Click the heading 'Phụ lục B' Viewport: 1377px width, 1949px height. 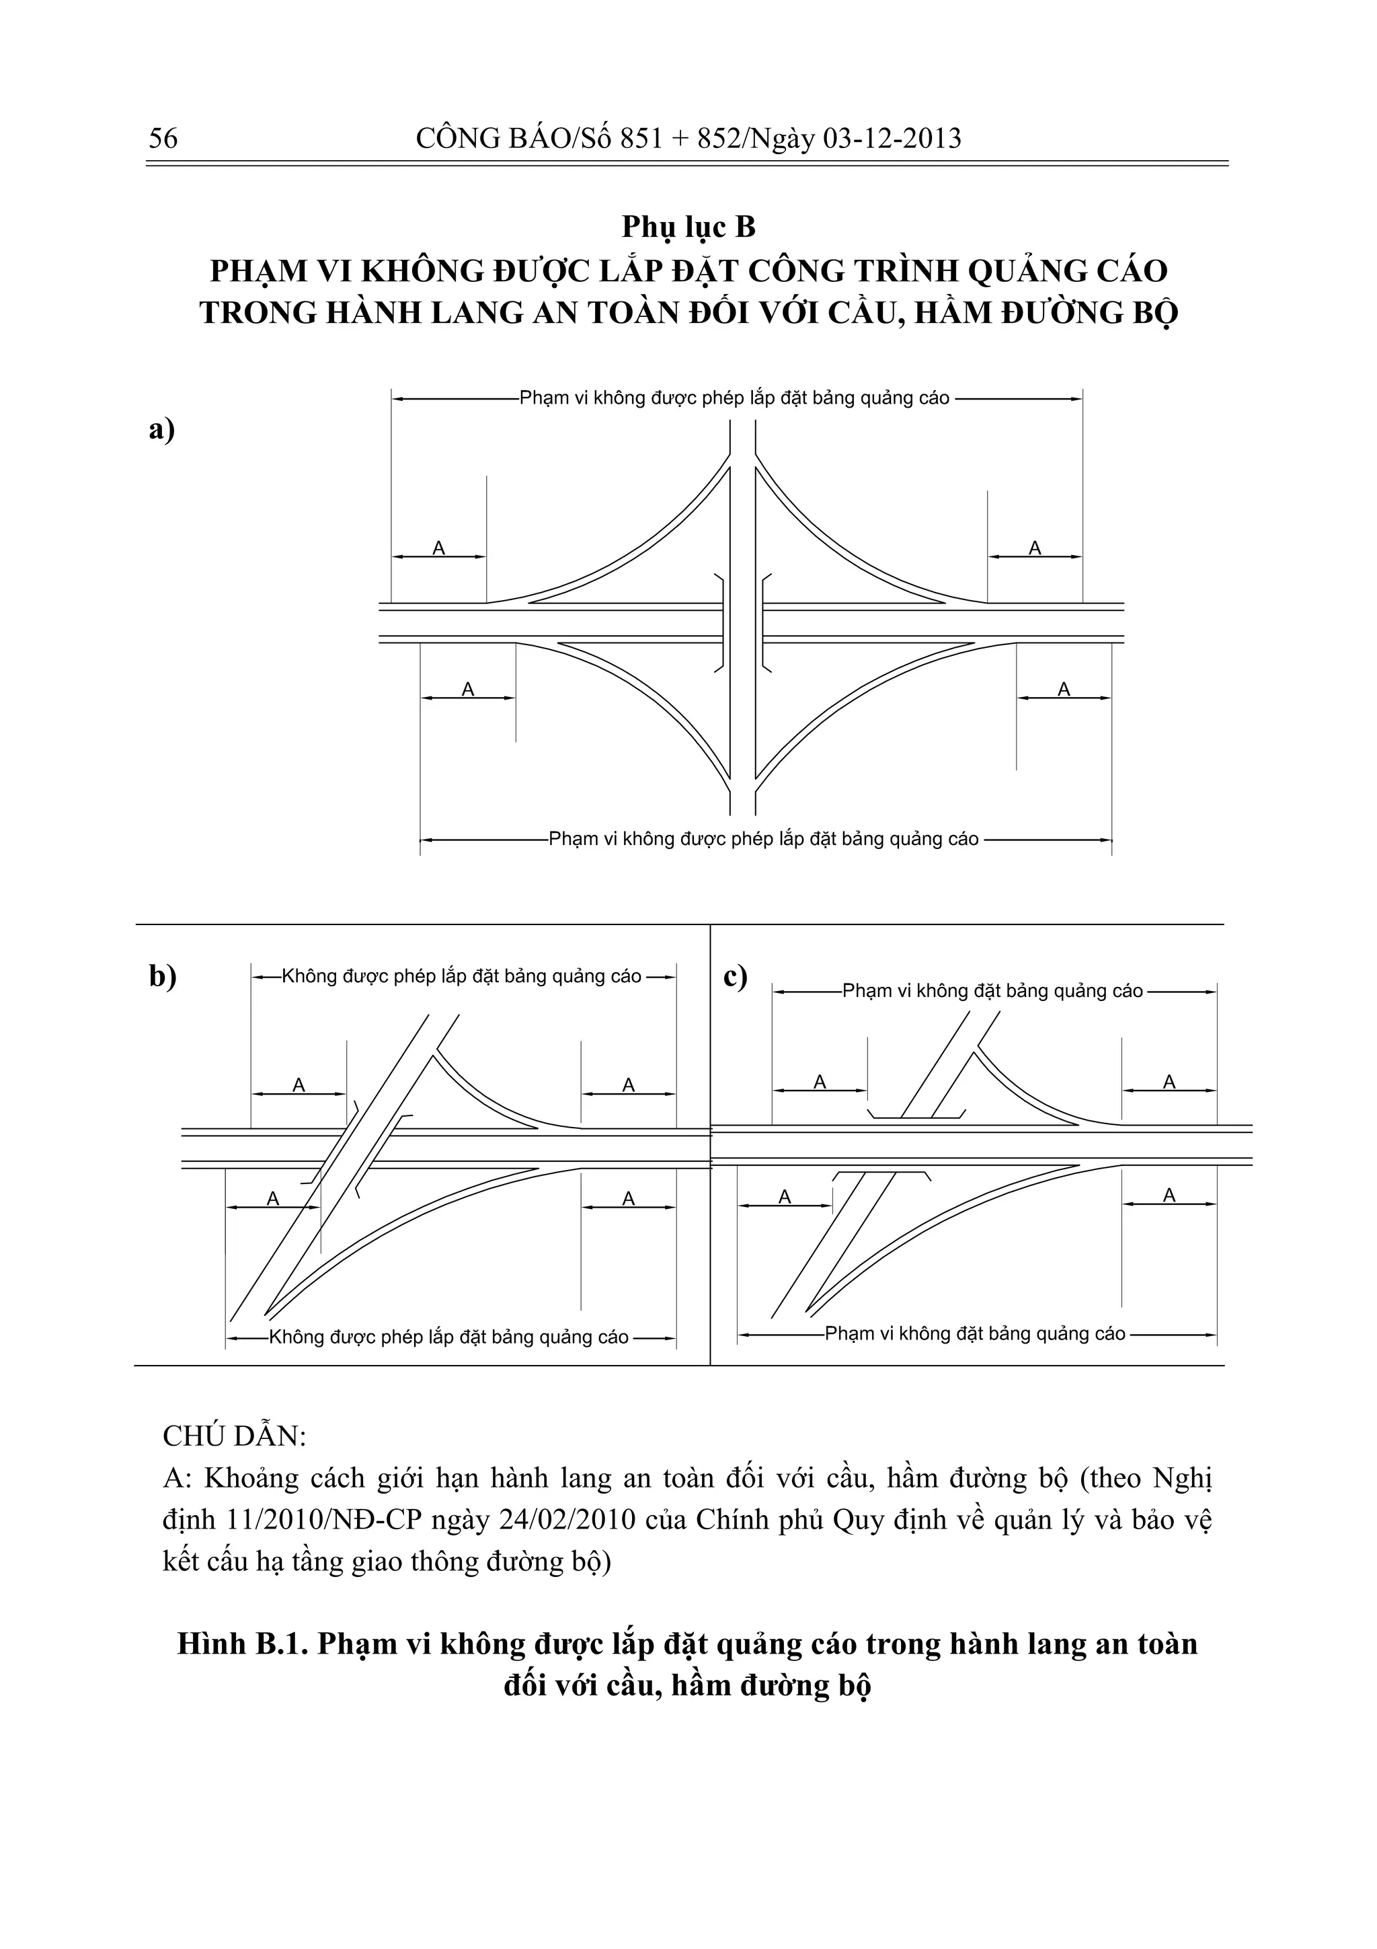pos(688,227)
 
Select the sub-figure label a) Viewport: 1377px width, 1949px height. pos(161,429)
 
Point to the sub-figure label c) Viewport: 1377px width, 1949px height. pos(735,976)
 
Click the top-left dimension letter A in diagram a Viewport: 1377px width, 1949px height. pos(438,548)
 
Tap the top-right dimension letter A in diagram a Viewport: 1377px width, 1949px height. pos(1034,548)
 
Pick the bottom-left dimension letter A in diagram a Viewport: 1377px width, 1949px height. pos(467,690)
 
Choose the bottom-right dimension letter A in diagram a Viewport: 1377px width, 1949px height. pos(1064,690)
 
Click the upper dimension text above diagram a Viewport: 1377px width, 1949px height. pos(734,398)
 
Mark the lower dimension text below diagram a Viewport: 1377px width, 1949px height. pos(764,839)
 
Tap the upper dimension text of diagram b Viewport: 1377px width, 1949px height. pos(461,976)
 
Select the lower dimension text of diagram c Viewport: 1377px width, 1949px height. pos(975,1333)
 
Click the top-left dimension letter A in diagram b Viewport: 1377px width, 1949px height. pos(299,1085)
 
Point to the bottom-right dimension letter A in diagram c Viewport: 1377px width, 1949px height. pos(1169,1196)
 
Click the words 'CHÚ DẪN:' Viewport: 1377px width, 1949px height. pos(234,1436)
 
